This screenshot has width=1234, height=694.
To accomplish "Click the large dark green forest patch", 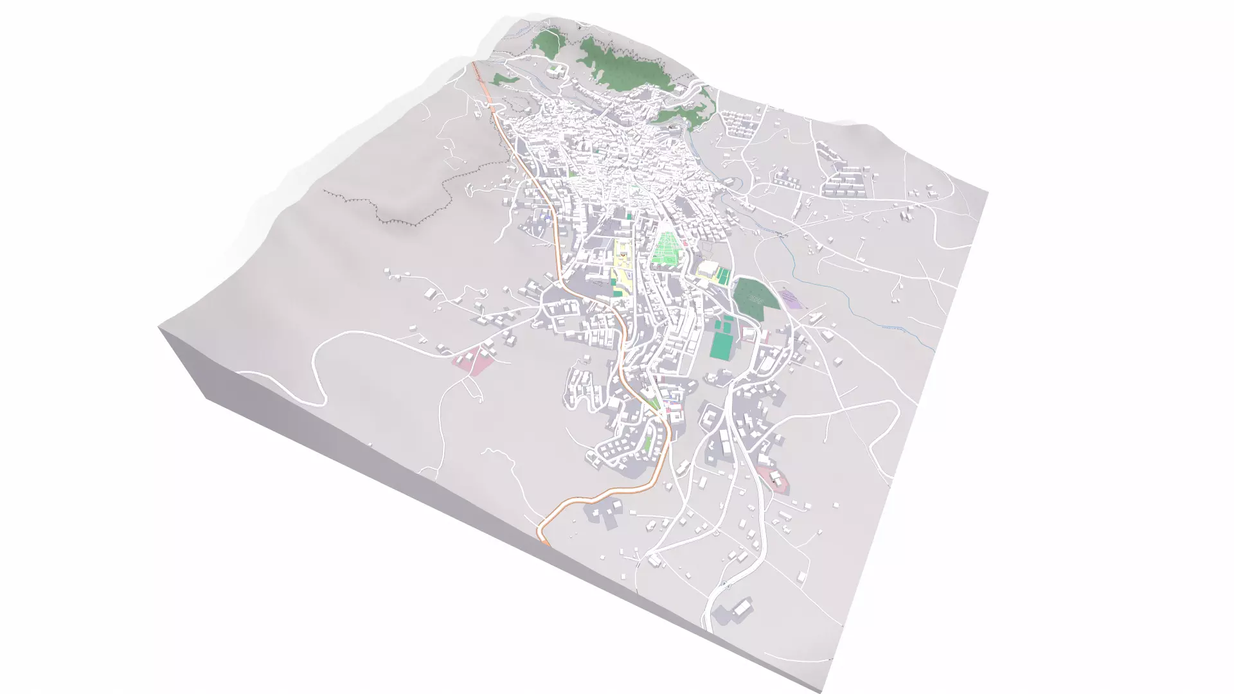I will [751, 298].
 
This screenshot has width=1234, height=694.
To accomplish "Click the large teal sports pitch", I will [721, 345].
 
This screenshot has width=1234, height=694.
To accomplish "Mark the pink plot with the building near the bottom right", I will [774, 479].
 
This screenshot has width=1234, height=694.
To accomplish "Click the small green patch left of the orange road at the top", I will [505, 78].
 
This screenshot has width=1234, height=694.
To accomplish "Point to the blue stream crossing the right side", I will [855, 302].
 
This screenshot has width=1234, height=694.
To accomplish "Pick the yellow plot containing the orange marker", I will [622, 257].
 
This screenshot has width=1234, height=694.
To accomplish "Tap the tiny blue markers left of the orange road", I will [548, 217].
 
